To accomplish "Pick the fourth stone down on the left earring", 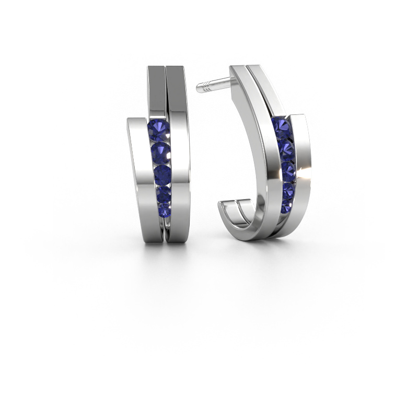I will (x=164, y=194).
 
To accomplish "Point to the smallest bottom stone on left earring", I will (x=165, y=210).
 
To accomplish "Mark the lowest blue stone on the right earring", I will (x=286, y=207).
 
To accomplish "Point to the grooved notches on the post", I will (x=212, y=84).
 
